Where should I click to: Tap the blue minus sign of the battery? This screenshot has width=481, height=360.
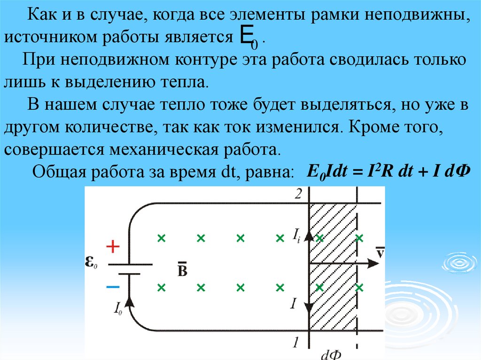(x=113, y=286)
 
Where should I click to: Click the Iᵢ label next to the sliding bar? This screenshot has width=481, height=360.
(x=296, y=235)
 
